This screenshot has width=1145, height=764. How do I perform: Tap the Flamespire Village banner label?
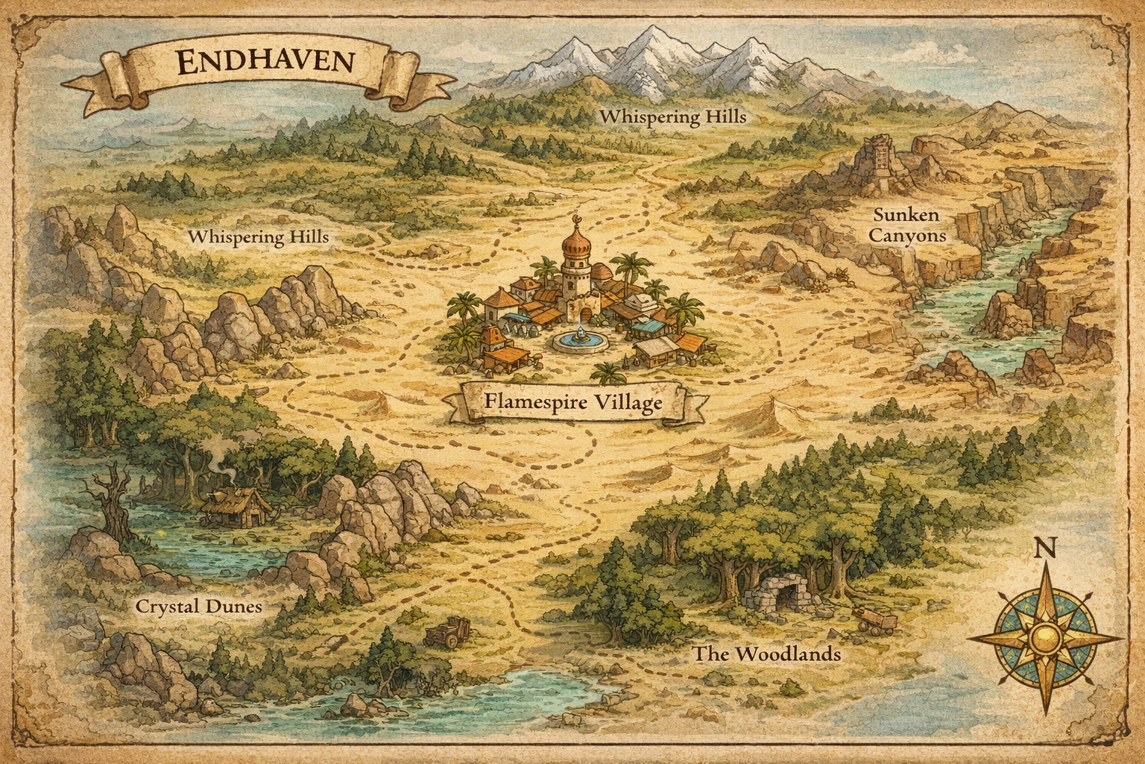tap(572, 404)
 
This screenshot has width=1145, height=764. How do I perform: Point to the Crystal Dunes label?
tap(198, 606)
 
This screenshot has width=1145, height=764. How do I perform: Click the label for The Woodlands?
tap(767, 654)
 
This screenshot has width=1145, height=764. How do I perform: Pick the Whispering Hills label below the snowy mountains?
tap(672, 117)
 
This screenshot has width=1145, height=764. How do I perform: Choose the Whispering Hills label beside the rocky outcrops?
tap(258, 237)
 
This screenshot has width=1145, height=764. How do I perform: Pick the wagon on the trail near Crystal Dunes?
tap(447, 633)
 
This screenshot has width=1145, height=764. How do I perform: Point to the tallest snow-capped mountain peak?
tap(647, 45)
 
